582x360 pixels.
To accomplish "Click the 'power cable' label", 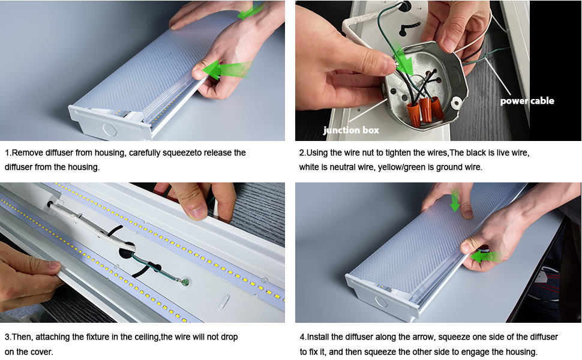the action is click(527, 101).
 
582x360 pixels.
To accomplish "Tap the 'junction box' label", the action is click(351, 130).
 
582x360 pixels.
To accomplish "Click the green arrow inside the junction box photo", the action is click(403, 59).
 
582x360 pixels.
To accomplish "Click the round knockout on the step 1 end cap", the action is click(109, 130).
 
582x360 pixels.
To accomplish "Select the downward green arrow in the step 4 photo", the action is click(455, 201).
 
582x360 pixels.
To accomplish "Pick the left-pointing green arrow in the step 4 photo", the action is click(486, 256).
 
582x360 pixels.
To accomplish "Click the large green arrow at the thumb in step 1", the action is click(226, 70).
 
